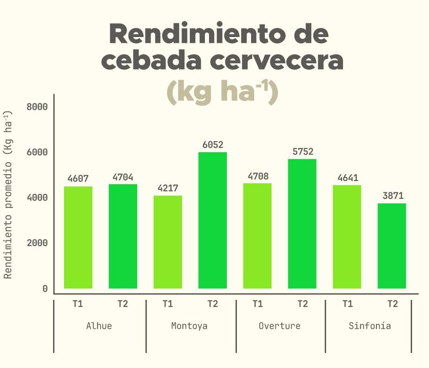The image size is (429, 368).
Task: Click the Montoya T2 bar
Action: pos(213,220)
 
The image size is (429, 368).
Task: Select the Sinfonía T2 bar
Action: pos(392,245)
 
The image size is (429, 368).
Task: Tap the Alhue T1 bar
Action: pos(78,237)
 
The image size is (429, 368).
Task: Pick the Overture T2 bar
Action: pos(302,224)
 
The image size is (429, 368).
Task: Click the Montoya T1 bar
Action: pos(168,242)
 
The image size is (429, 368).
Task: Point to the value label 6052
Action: pos(213,145)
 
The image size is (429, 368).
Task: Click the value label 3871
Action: pos(392,196)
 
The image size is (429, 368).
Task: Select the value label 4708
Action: pos(258,176)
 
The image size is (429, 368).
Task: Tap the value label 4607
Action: pos(78,179)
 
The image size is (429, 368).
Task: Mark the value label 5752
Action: pos(303,152)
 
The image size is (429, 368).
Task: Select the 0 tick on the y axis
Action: pos(45,288)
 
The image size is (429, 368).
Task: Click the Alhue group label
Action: pos(99,326)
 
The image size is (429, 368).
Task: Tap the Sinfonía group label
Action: pos(370,326)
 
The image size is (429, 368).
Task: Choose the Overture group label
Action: pos(279,326)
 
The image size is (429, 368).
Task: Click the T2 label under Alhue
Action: pos(122,304)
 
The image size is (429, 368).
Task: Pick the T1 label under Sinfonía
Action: pos(348,304)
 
